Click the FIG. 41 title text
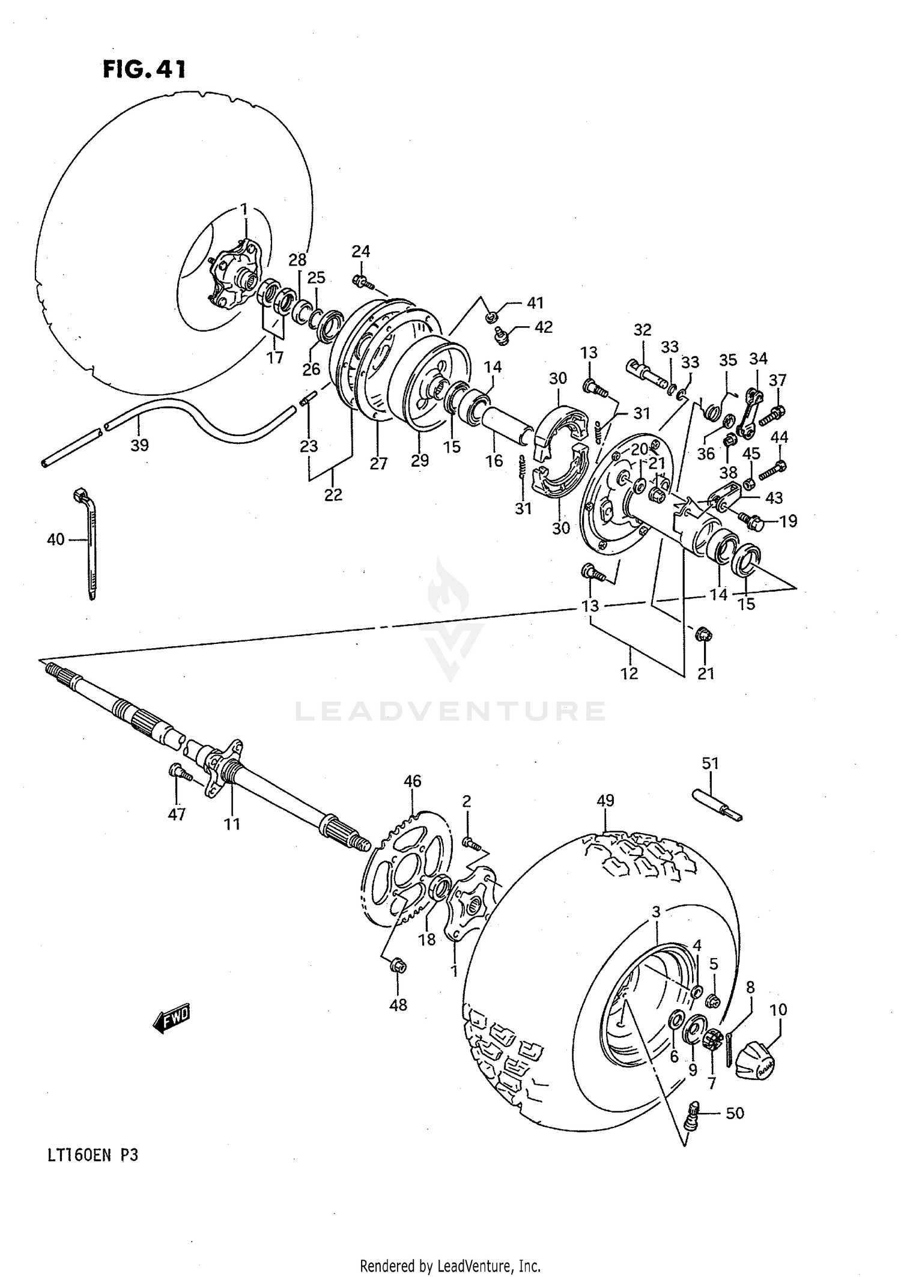144,70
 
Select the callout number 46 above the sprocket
412,781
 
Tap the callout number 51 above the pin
711,763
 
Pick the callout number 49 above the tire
605,801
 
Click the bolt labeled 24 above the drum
362,281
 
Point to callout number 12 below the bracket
629,674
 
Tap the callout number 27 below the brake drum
378,464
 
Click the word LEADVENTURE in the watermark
450,711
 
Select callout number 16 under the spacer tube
494,461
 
